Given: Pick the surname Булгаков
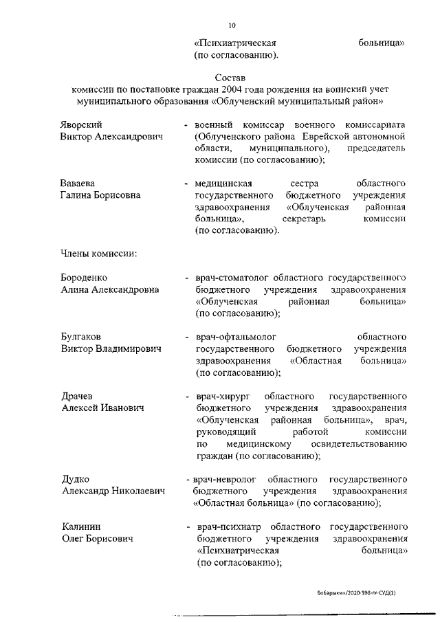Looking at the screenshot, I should point(81,337).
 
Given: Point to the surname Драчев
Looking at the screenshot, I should point(78,397).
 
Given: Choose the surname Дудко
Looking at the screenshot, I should point(76,479).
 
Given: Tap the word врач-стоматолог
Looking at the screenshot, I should point(233,278).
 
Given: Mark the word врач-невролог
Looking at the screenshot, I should point(225,479).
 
